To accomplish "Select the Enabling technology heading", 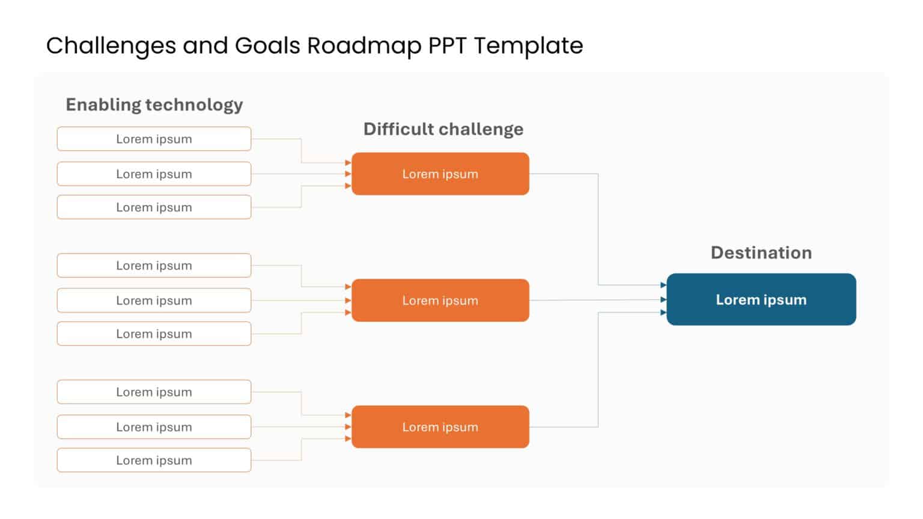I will [154, 105].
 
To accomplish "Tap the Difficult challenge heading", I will [443, 129].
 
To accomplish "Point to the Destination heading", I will [761, 252].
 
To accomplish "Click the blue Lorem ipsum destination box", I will [761, 300].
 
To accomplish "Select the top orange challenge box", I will [440, 174].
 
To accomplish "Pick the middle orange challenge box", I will [440, 300].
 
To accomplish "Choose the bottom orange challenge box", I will [440, 427].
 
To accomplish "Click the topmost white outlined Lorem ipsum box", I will [154, 139].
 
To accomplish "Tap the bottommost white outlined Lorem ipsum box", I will [154, 461].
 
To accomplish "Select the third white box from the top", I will [154, 207].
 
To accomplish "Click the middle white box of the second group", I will [154, 300].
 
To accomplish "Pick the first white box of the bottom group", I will [154, 392].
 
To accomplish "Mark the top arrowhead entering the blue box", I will [663, 285].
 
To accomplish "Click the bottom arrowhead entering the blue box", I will [663, 312].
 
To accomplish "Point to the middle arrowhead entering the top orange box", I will [348, 174].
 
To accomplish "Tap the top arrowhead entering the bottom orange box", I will [348, 415].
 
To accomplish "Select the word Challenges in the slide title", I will [111, 46].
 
